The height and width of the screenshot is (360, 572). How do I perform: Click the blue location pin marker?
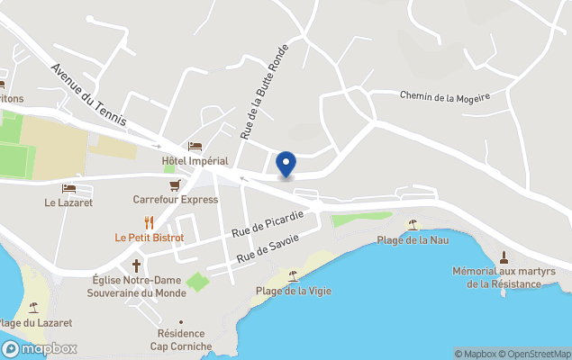(286, 164)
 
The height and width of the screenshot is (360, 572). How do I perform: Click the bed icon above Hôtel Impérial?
(195, 146)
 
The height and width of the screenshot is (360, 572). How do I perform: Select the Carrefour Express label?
(176, 199)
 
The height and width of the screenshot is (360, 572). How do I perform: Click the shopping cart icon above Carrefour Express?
(175, 184)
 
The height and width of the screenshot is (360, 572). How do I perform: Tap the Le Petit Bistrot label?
(149, 238)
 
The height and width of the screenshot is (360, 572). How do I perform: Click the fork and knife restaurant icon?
(149, 222)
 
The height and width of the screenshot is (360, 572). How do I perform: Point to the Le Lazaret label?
(69, 202)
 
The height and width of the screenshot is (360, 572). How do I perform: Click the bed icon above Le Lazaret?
(68, 188)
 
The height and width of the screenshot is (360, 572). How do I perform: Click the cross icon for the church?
(137, 265)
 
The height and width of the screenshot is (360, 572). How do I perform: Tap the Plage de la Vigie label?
(293, 290)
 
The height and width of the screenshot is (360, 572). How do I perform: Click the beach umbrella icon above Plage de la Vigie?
(293, 275)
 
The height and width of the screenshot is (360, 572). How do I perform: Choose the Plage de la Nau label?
(413, 239)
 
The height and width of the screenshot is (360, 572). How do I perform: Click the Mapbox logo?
(40, 348)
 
